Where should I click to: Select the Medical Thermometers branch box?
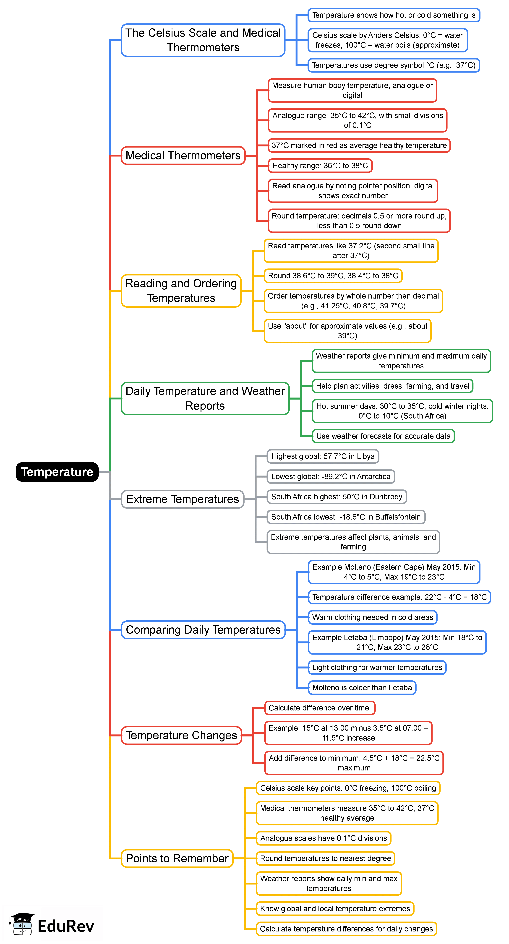coord(183,155)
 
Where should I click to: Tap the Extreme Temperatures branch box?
coord(183,499)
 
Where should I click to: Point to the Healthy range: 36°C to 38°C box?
coord(320,166)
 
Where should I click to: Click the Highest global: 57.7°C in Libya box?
coord(322,456)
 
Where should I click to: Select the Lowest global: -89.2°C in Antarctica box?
coord(331,476)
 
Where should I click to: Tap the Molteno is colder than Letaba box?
coord(362,687)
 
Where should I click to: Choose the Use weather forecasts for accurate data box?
coord(383,436)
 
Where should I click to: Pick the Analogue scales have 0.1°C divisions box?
coord(324,838)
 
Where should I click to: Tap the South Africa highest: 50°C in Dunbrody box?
coord(336,497)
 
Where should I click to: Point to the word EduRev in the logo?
coord(66,926)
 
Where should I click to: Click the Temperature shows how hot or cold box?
coord(394,15)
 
